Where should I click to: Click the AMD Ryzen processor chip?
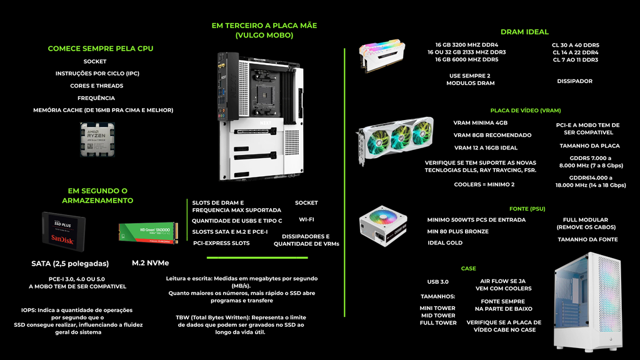point(97,139)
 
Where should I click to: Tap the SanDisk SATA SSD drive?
point(64,232)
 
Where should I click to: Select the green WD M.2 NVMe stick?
point(149,233)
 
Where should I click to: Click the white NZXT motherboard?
point(261,116)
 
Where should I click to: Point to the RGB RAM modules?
point(382,55)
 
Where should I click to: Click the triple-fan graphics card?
point(395,141)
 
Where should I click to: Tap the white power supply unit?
point(383,226)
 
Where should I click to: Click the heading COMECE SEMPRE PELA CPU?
point(101,49)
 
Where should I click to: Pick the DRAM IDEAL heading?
point(524,32)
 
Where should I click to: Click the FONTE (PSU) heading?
point(527,209)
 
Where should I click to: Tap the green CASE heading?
point(469,268)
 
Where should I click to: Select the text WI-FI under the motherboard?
point(306,219)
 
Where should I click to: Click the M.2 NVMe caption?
point(150,263)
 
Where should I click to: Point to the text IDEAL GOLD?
point(445,242)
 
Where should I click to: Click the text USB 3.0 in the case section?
point(437,282)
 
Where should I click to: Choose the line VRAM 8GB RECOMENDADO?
point(492,135)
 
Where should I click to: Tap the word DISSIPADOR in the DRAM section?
point(575,81)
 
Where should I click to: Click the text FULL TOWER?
point(438,323)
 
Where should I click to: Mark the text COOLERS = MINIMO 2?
point(484,184)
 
